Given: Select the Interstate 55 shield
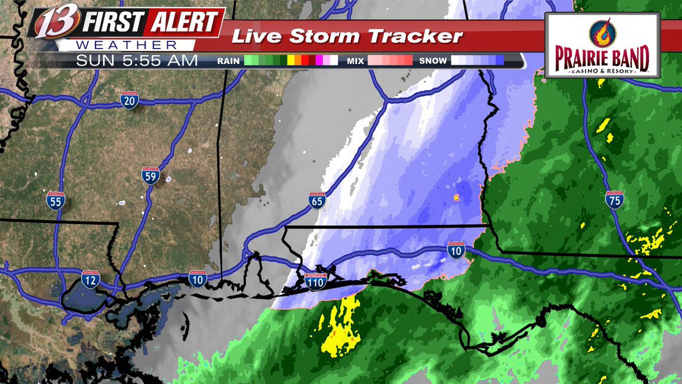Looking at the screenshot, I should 56,201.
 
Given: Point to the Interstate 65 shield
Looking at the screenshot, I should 317,201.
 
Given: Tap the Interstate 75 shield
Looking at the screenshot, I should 614,200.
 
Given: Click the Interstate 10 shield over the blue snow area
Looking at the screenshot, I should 456,250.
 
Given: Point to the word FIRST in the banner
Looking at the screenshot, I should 113,23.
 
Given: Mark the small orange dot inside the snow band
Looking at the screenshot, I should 456,197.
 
